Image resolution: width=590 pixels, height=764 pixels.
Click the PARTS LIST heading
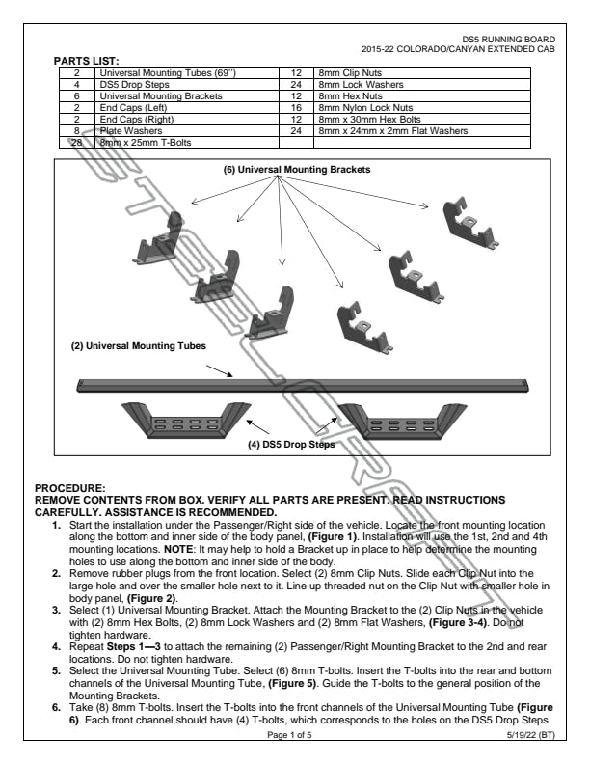click(86, 61)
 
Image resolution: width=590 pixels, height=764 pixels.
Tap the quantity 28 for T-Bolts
click(76, 142)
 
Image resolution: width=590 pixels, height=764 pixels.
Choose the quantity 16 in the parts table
click(296, 108)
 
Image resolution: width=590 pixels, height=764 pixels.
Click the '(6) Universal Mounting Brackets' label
click(297, 170)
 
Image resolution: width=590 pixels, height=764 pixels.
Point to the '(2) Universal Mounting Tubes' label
click(138, 346)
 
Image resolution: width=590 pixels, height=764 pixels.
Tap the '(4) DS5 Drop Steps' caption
click(291, 445)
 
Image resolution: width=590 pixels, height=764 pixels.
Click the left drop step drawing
click(186, 420)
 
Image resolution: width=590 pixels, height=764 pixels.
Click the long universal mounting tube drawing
click(303, 385)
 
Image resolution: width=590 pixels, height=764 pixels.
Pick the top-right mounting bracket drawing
click(469, 223)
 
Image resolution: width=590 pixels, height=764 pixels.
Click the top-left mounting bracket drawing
click(157, 238)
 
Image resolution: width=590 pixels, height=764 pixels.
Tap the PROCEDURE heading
click(69, 488)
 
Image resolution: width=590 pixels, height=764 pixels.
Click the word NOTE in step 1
click(178, 549)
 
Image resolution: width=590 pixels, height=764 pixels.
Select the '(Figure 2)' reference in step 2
click(152, 598)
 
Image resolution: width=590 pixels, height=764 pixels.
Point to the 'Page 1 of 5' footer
click(289, 735)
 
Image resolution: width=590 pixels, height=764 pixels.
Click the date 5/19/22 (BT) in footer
click(530, 735)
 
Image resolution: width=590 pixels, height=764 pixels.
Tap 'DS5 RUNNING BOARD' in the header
click(508, 40)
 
